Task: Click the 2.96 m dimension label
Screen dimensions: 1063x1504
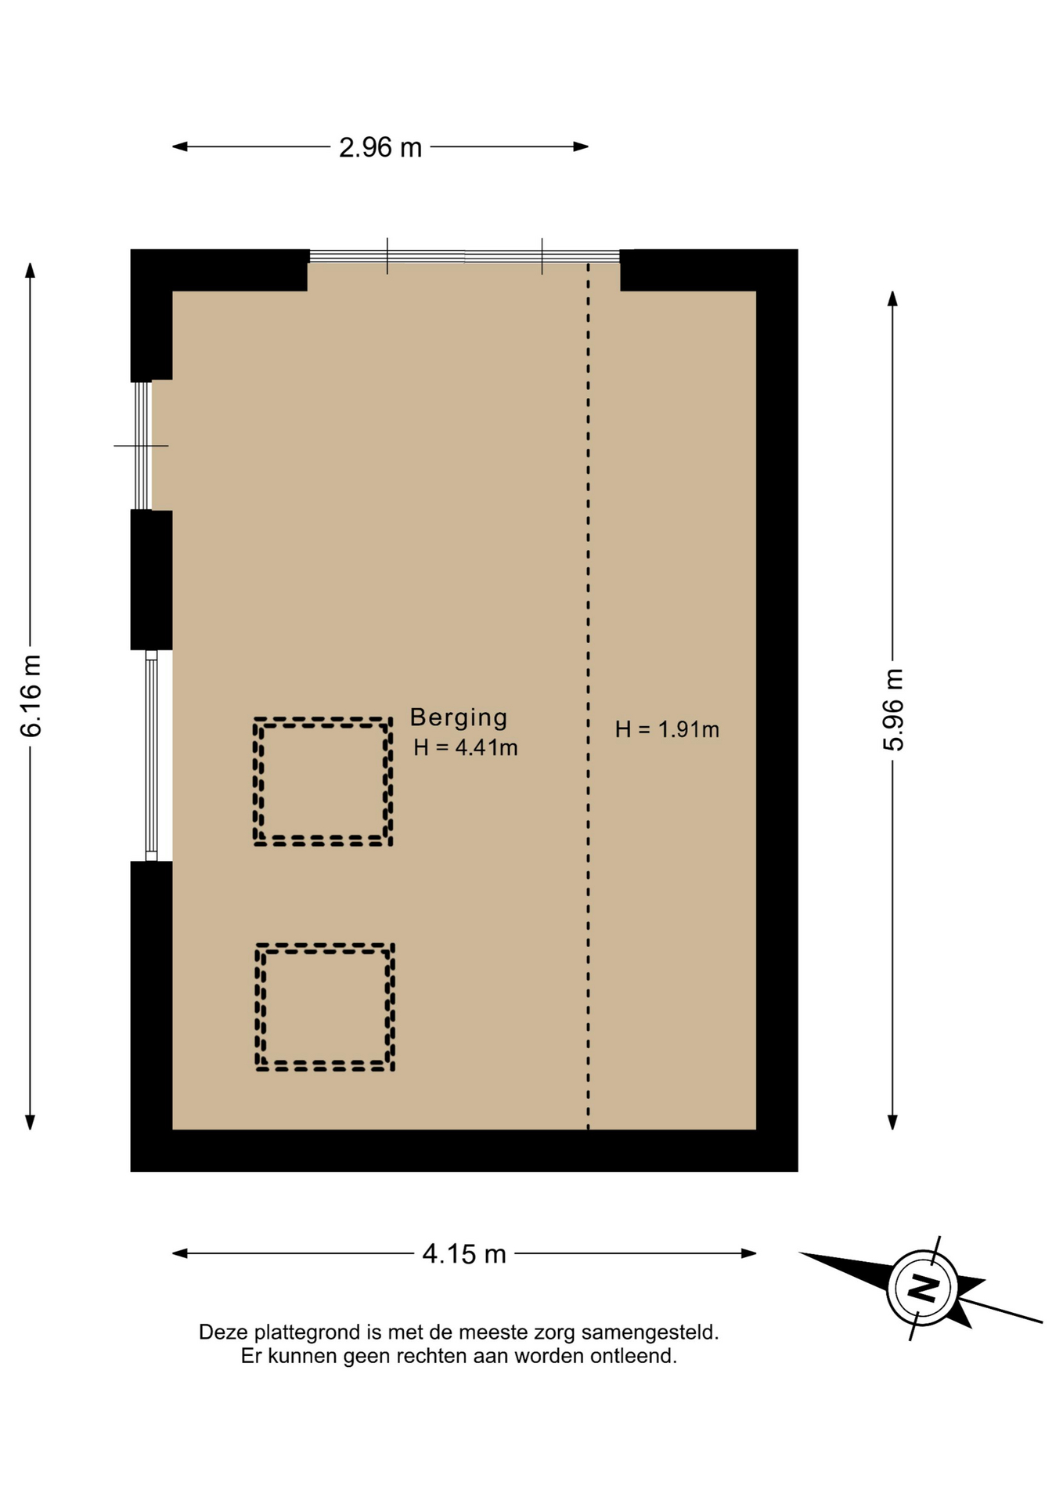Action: [x=380, y=147]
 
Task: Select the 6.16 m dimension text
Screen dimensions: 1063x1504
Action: [x=31, y=696]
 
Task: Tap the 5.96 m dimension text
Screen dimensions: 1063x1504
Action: [x=893, y=710]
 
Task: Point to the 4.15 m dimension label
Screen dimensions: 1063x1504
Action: [x=464, y=1254]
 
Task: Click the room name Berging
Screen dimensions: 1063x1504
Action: [x=459, y=718]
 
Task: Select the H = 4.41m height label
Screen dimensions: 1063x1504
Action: [x=466, y=747]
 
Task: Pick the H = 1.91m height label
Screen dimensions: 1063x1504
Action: [x=667, y=729]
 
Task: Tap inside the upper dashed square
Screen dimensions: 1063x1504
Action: [x=323, y=782]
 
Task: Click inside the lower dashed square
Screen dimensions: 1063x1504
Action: [x=325, y=1007]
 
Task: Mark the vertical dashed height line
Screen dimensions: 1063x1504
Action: [x=589, y=696]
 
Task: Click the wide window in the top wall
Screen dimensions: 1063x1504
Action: [x=464, y=256]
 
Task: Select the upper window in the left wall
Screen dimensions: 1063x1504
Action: [x=142, y=445]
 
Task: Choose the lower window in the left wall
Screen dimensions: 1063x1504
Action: [x=151, y=756]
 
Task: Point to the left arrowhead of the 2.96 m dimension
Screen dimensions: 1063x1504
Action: [x=179, y=146]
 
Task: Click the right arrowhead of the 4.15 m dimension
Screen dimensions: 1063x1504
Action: [x=749, y=1253]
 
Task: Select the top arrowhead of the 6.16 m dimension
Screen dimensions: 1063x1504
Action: [x=31, y=270]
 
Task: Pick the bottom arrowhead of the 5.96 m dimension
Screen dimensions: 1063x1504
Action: [x=892, y=1122]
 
